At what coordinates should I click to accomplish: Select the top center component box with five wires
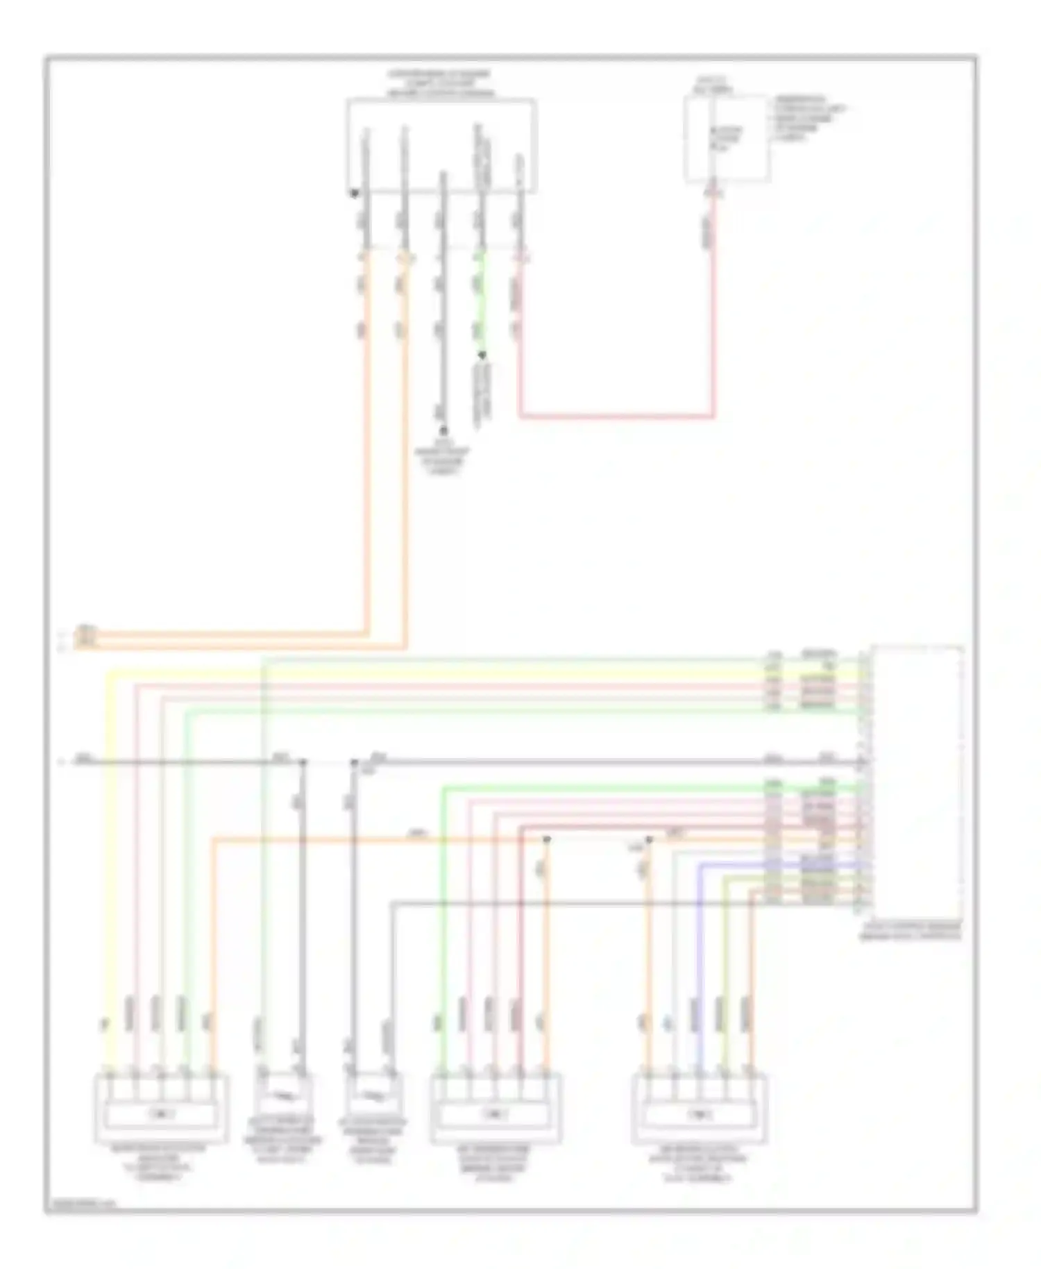441,146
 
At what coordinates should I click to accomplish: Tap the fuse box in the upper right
727,139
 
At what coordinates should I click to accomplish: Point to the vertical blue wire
700,972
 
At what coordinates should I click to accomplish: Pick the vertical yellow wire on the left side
106,868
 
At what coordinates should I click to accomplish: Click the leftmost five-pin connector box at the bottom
160,1109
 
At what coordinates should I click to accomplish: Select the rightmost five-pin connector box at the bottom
700,1109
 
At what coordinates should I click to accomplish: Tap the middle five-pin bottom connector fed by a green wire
495,1109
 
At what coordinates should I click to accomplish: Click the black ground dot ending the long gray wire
443,431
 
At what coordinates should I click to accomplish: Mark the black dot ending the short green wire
482,355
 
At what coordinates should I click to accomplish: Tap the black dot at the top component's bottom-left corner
354,194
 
